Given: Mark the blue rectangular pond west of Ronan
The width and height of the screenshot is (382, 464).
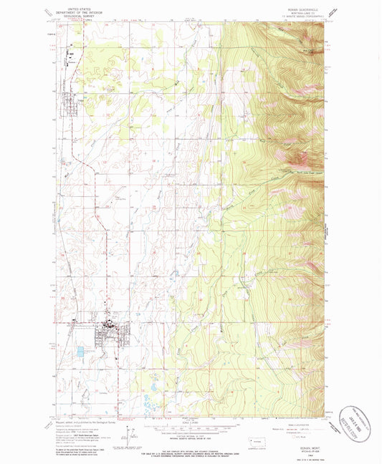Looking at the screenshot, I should point(80,352).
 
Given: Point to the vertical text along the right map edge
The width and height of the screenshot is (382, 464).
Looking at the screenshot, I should point(328,229).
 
